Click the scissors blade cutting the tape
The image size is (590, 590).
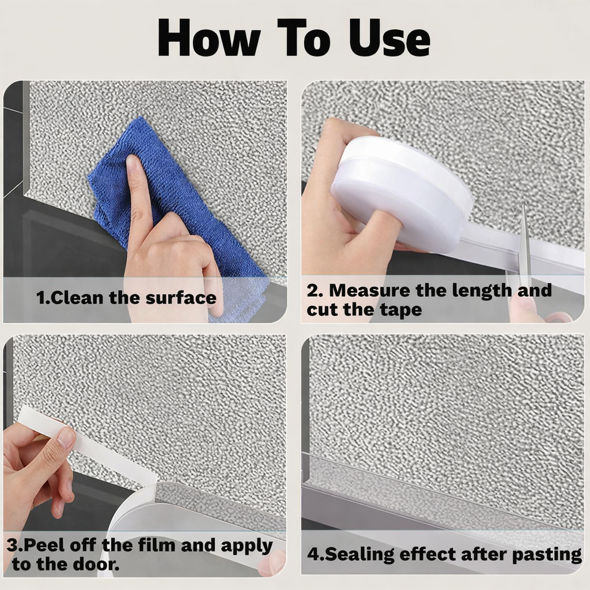coord(524,242)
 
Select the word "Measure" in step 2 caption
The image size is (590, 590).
coord(370,290)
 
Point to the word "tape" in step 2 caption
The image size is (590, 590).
coord(401,309)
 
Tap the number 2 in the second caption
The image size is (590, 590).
coord(312,290)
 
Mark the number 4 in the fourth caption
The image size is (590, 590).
coord(312,554)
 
